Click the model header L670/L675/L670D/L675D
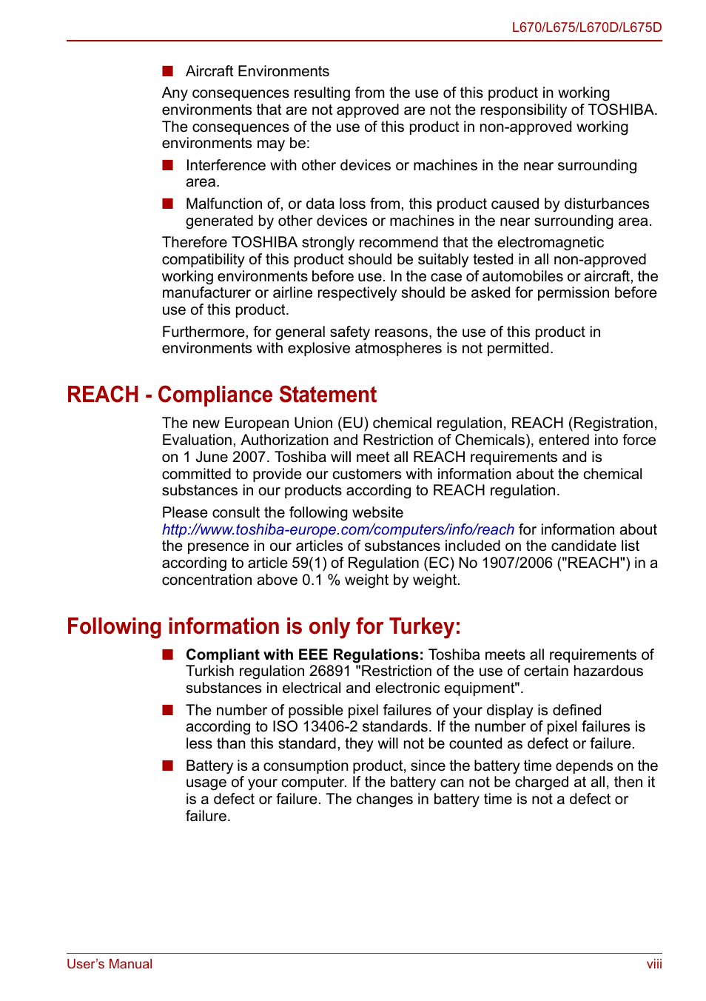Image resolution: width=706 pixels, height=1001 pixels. pos(586,27)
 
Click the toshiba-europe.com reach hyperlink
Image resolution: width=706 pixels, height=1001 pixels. pos(337,529)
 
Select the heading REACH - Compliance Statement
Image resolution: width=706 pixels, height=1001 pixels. pos(221,395)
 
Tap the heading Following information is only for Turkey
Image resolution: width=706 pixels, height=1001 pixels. pos(263,626)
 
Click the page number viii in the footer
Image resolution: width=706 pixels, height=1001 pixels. pos(653,964)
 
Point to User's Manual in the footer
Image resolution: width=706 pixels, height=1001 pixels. pos(110,964)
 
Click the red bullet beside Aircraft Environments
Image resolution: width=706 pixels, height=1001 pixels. pos(168,71)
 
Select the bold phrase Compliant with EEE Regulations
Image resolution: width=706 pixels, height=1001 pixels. pos(304,654)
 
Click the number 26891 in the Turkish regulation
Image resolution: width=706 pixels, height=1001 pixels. pos(329,671)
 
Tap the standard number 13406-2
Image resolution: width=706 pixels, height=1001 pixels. pos(329,726)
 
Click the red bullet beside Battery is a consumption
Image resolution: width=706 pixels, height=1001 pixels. pos(168,766)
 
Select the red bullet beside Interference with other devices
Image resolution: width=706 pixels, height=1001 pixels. pos(168,165)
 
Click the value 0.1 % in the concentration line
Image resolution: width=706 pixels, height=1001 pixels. pos(320,580)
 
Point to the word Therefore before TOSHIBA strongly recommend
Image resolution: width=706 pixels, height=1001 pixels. pos(195,242)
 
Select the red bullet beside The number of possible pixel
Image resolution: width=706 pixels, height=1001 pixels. pos(168,710)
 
